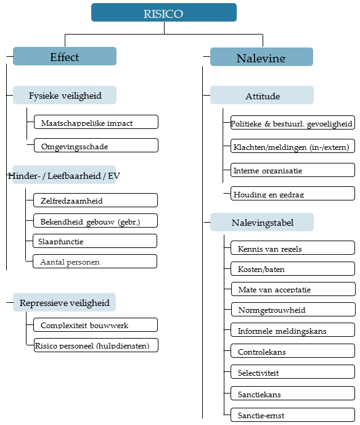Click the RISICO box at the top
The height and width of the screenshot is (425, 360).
[x=164, y=12]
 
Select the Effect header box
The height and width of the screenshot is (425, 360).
[x=65, y=56]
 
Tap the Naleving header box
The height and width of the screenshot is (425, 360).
[x=261, y=57]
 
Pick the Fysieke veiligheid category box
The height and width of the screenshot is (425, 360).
[x=65, y=95]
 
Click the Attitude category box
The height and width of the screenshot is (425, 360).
[x=262, y=95]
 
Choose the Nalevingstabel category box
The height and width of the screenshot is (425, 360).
[x=262, y=222]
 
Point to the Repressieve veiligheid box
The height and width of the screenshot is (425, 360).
[x=65, y=302]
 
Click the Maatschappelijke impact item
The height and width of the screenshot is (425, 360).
[x=96, y=122]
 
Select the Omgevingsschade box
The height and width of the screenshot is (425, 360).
[x=96, y=146]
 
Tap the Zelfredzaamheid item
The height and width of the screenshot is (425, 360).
[x=96, y=200]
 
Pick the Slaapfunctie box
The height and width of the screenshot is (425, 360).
[x=95, y=241]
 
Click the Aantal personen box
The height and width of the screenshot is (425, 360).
[x=95, y=262]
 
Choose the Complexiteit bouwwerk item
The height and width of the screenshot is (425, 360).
[x=96, y=324]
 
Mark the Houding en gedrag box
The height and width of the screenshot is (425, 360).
[x=293, y=193]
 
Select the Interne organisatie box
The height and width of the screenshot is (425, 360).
[x=293, y=170]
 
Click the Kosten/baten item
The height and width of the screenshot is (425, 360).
[x=293, y=268]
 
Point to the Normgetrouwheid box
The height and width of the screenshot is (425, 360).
[x=293, y=309]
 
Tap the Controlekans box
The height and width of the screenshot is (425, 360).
[x=293, y=351]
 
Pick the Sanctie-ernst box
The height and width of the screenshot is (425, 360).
[x=293, y=415]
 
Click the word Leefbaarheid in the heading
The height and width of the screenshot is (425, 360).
[x=74, y=176]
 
